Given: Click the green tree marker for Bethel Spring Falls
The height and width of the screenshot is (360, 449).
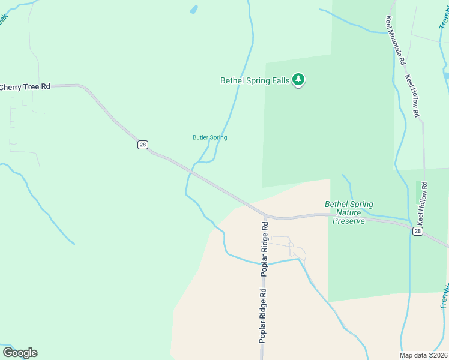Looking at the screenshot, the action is [298, 80].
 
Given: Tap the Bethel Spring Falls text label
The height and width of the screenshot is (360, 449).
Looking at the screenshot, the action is [255, 80].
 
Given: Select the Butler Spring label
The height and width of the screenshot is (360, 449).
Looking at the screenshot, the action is [209, 137].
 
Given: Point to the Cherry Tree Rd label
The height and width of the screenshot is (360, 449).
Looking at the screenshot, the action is [25, 87].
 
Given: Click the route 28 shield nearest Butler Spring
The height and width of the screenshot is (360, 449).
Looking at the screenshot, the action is [142, 145].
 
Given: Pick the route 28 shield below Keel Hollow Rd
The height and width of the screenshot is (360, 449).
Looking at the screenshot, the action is [418, 230].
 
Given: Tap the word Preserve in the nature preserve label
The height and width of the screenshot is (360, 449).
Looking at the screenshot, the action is [349, 221].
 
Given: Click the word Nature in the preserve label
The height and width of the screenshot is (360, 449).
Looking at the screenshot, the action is [349, 212].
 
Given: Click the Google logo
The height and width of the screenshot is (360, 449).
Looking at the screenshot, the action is [20, 353].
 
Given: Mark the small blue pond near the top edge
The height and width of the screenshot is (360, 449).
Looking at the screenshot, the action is [193, 10].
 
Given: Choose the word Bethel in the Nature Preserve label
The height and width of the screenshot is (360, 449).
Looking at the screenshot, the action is [335, 204].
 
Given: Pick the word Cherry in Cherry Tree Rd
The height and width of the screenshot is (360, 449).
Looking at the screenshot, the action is [10, 87].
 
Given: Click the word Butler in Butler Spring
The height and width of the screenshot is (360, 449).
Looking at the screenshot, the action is [200, 137].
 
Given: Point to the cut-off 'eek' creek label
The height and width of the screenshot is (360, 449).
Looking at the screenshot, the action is [2, 18].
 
